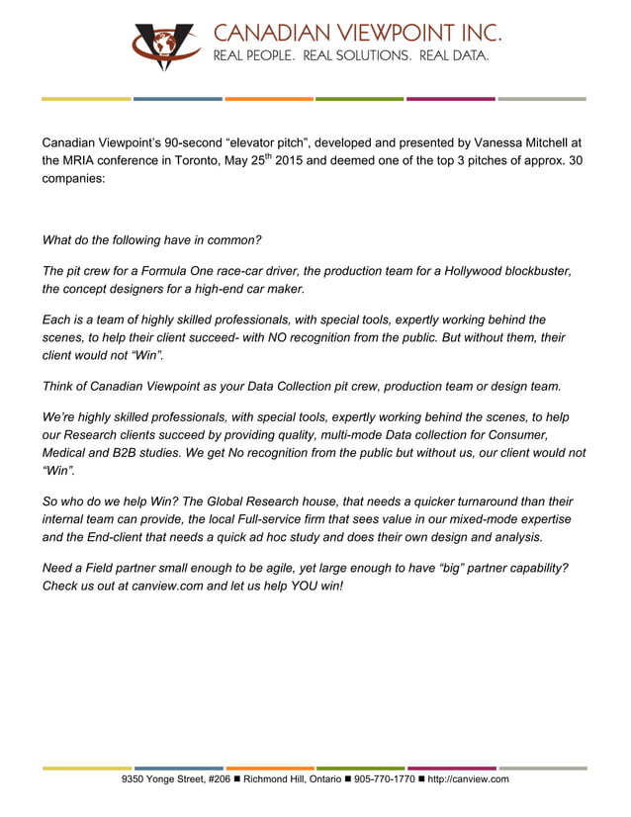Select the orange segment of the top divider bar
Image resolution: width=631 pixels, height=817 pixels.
click(x=269, y=99)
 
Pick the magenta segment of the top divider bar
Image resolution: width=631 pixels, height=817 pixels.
click(x=451, y=99)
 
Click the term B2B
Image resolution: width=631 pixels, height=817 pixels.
click(x=121, y=453)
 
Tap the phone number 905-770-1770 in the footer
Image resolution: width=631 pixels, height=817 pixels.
click(x=385, y=779)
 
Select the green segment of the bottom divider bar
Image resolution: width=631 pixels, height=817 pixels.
click(x=360, y=768)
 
